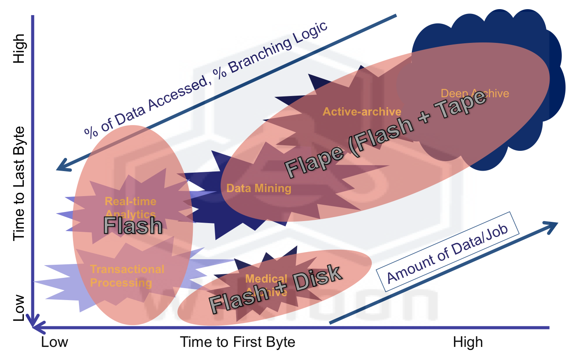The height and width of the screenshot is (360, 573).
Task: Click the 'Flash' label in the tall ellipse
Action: point(133,225)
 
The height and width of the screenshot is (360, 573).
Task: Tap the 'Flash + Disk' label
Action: point(275,288)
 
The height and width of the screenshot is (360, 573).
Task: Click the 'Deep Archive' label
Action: point(475,93)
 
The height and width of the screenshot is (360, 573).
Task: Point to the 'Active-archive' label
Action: point(362,112)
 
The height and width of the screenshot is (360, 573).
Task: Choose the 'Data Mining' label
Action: point(259,188)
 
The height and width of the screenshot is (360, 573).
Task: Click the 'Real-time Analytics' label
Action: point(131,207)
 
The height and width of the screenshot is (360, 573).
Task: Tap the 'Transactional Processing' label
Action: point(127,276)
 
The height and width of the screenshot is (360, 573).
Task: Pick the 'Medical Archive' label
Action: point(266,285)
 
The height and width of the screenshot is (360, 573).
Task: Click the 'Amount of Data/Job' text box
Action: point(448,252)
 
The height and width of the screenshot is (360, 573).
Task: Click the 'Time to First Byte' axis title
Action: point(238,342)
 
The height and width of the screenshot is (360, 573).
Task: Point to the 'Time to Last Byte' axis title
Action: point(19,183)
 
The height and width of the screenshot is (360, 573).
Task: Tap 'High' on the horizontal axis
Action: point(468,342)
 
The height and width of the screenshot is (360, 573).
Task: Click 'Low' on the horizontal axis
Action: point(54,342)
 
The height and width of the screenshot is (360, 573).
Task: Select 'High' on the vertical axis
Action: point(19,48)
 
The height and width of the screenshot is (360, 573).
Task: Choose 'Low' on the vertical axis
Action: point(19,308)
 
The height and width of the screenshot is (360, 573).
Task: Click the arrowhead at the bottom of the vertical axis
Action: point(33,321)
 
